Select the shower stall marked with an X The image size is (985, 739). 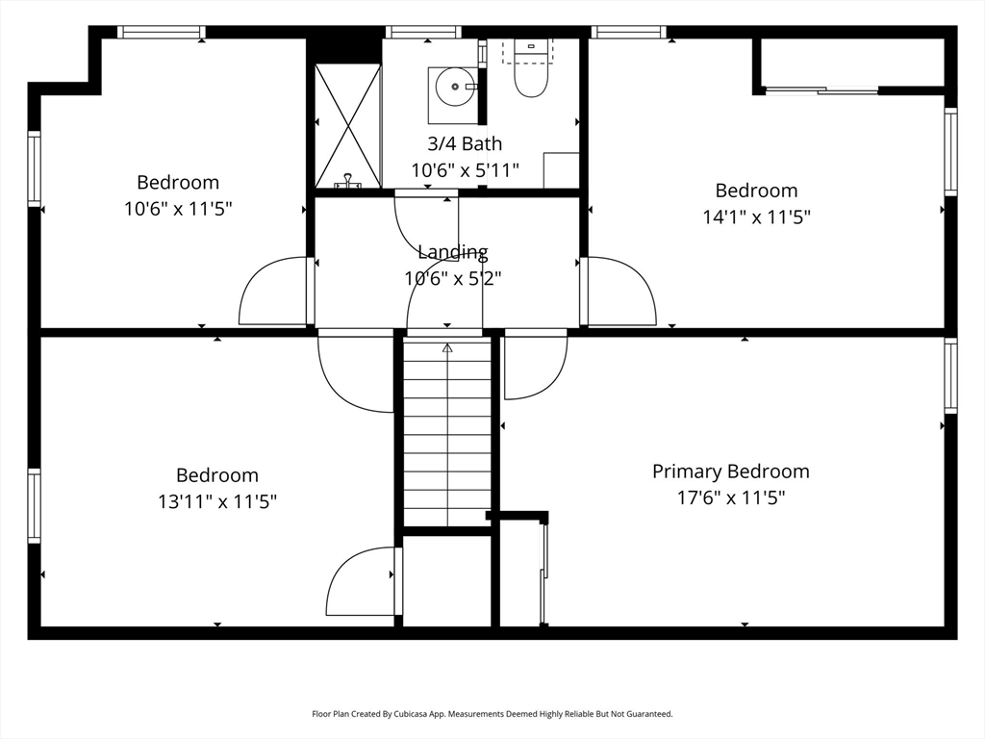(348, 126)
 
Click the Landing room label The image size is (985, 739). (453, 252)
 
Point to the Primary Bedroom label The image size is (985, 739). (731, 471)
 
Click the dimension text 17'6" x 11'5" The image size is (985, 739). (731, 498)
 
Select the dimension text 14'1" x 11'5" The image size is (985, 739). (756, 217)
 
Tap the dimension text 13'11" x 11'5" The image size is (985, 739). (217, 502)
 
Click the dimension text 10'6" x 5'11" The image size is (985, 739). (465, 170)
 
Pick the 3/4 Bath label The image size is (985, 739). (465, 144)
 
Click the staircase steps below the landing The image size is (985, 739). (447, 432)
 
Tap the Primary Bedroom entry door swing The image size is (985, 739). (536, 365)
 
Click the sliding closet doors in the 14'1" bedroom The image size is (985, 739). (821, 91)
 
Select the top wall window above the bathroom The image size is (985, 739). (423, 32)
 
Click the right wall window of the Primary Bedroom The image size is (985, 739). (951, 376)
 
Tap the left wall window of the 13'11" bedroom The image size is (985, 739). (34, 506)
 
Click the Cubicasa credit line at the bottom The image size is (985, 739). (492, 714)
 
